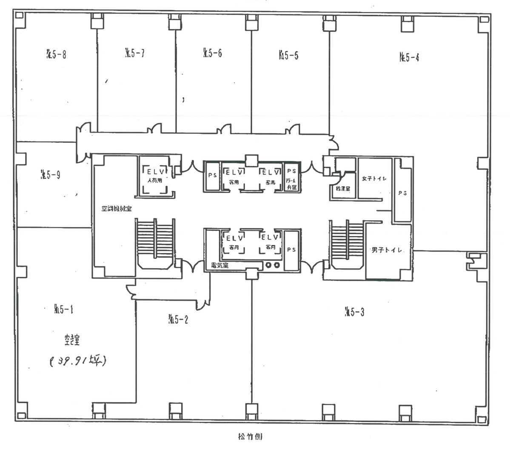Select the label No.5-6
point(213,53)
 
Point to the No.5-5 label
point(288,55)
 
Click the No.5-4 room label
point(409,57)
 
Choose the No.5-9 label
point(50,174)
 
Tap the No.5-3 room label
point(354,313)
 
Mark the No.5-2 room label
point(178,319)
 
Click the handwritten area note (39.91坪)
point(77,361)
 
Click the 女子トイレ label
point(374,179)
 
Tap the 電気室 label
point(220,265)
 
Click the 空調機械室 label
point(116,209)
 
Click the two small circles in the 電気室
point(272,265)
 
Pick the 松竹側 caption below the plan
point(251,436)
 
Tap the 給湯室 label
point(343,188)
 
